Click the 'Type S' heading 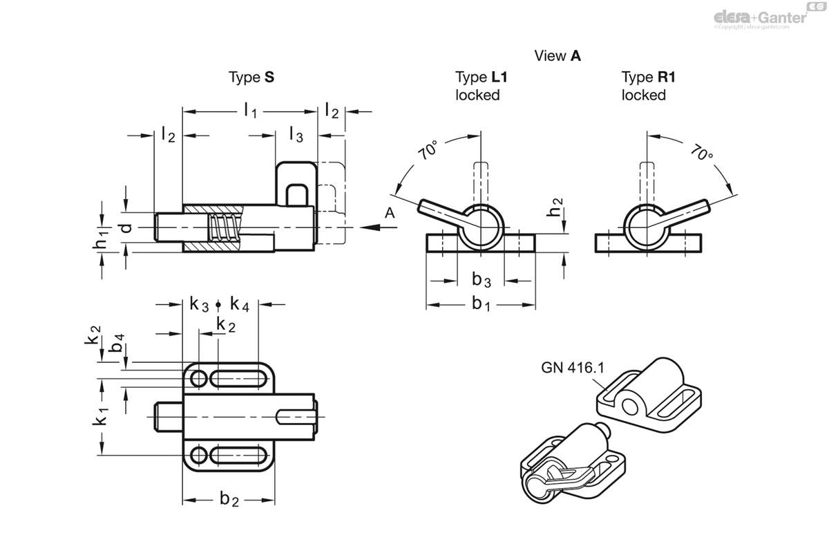251,77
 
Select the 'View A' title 557,56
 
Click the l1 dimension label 250,111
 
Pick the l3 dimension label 295,134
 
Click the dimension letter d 125,227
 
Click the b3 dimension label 482,280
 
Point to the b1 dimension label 482,303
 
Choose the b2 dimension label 229,500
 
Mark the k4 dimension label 240,303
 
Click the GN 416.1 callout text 572,368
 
